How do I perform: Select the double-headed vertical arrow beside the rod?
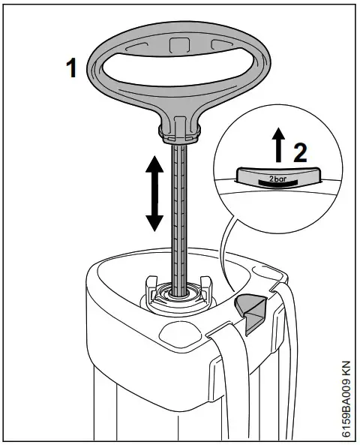click(x=154, y=193)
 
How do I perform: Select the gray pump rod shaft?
click(x=180, y=218)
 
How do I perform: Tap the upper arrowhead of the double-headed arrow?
click(x=154, y=165)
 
